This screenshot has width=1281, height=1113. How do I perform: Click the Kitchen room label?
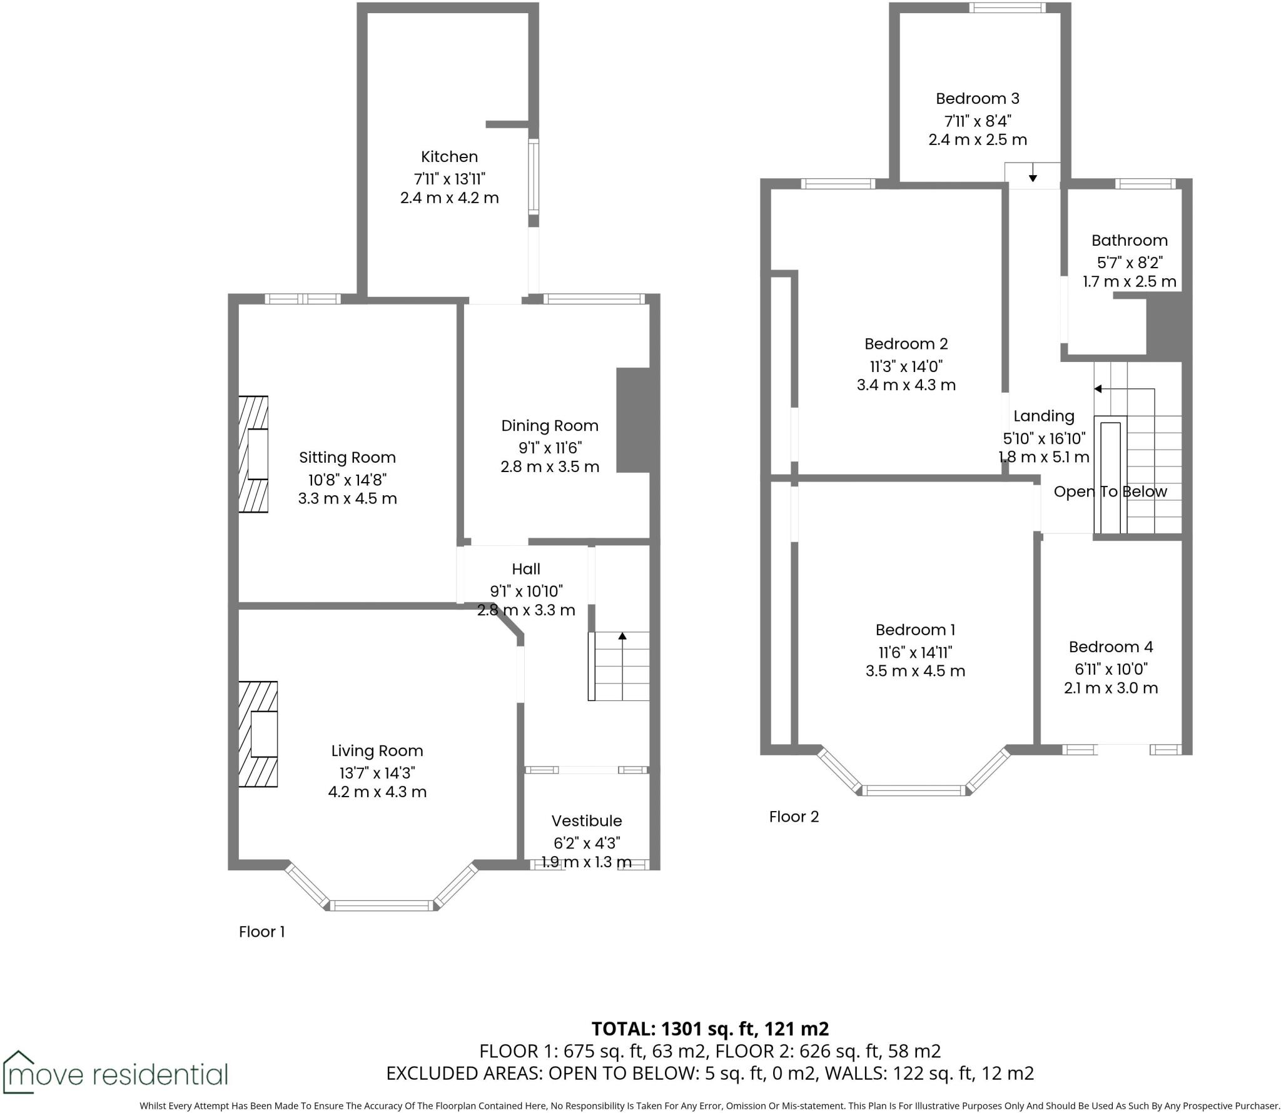coord(449,157)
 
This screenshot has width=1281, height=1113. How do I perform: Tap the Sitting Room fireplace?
coord(254,455)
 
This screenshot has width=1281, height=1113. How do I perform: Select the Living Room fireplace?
coord(258,734)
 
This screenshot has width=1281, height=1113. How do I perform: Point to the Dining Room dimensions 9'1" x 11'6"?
coord(550,448)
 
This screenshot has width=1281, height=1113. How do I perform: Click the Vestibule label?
coord(586,821)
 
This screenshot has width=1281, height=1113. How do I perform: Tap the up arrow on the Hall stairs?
coord(622,637)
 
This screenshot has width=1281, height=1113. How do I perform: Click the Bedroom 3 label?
coord(977,99)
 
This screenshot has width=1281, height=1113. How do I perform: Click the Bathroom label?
coord(1129,241)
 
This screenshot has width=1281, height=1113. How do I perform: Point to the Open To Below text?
coord(1110,491)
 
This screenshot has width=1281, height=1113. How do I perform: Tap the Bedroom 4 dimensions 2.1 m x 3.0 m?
coord(1110,688)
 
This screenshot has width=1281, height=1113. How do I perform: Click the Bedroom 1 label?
coord(914,630)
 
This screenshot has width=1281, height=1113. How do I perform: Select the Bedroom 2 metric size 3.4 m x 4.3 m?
coord(906,385)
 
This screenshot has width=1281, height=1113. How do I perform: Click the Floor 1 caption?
coord(261,932)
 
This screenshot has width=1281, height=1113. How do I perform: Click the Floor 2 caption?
coord(793,817)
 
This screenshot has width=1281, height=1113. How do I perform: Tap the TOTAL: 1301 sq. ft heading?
coord(710,1028)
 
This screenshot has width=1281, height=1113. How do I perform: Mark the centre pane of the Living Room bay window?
coord(381,905)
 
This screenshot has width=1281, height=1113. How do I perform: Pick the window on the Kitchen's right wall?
coord(533,176)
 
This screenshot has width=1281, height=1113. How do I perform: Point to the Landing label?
coord(1043,416)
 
